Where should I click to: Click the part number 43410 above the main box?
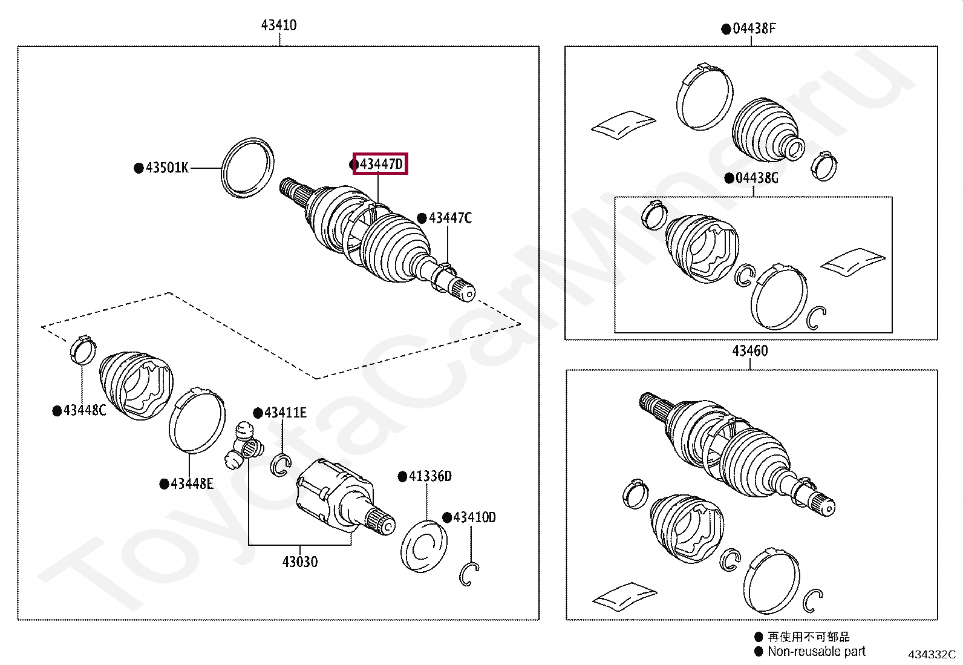[x=279, y=25]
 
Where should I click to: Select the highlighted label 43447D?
[x=380, y=163]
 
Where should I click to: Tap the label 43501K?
[x=167, y=168]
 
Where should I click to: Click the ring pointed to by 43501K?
[x=247, y=167]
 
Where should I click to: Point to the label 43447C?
[x=450, y=218]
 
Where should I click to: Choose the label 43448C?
[x=84, y=410]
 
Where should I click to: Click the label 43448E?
[x=192, y=483]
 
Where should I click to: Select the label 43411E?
[x=285, y=413]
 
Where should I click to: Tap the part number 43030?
[x=300, y=562]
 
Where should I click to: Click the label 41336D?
[x=430, y=476]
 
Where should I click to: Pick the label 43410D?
[x=474, y=517]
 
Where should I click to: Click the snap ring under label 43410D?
[x=469, y=574]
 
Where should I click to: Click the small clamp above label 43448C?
[x=83, y=349]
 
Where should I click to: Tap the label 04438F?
[x=754, y=28]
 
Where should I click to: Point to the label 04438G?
[x=757, y=178]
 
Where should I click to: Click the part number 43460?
[x=750, y=351]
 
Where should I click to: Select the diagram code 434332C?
[x=932, y=654]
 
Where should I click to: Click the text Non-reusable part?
[x=816, y=652]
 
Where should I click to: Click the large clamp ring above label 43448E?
[x=197, y=421]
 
